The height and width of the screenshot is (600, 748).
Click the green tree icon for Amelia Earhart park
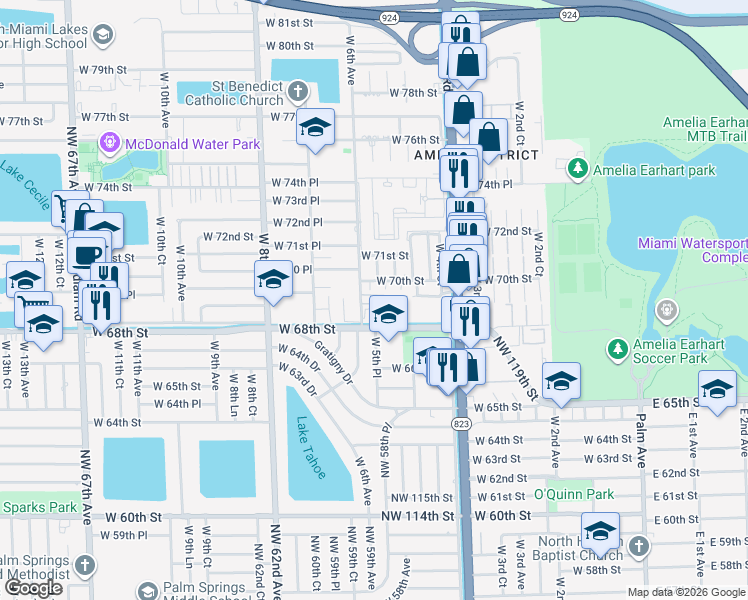[577, 170]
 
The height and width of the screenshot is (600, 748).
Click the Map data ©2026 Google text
[686, 592]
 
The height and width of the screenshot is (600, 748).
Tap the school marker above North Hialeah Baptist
[601, 530]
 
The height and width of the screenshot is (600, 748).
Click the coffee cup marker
[88, 253]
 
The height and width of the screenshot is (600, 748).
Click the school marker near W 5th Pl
[388, 313]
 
